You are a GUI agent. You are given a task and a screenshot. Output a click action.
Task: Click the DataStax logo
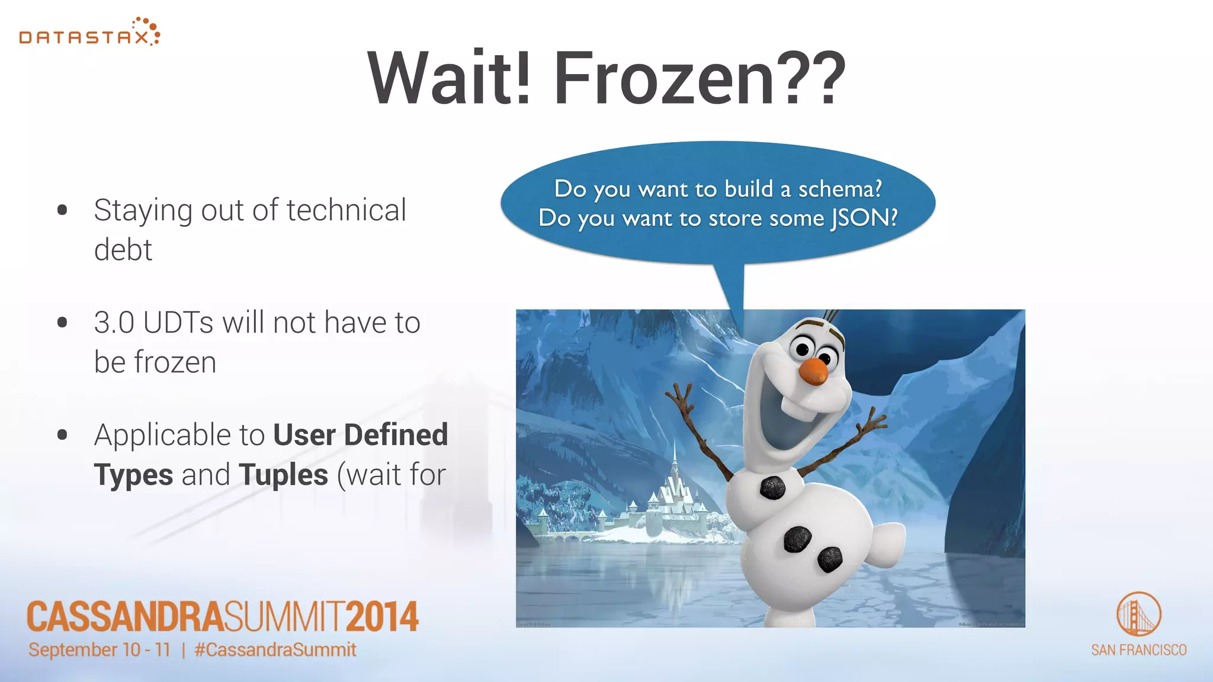click(x=89, y=33)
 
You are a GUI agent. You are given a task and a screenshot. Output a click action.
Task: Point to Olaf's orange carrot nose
click(x=813, y=371)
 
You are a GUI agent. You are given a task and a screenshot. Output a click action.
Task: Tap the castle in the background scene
click(x=672, y=497)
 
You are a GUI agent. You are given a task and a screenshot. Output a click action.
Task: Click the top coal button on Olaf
click(x=772, y=487)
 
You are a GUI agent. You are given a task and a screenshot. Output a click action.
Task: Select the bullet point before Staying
click(x=62, y=210)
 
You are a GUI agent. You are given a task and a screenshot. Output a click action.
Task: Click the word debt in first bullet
click(x=123, y=249)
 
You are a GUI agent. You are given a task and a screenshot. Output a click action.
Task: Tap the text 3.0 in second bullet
click(x=114, y=323)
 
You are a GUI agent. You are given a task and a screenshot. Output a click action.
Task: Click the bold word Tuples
click(x=283, y=475)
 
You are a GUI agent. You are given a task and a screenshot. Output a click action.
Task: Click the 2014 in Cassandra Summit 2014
click(x=382, y=617)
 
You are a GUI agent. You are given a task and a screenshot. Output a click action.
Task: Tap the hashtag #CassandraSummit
click(x=275, y=649)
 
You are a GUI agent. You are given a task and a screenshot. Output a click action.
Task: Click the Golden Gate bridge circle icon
click(x=1138, y=614)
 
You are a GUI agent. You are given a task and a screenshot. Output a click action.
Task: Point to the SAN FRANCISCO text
click(x=1138, y=650)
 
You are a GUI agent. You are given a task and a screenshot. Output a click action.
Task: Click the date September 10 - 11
click(x=100, y=649)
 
